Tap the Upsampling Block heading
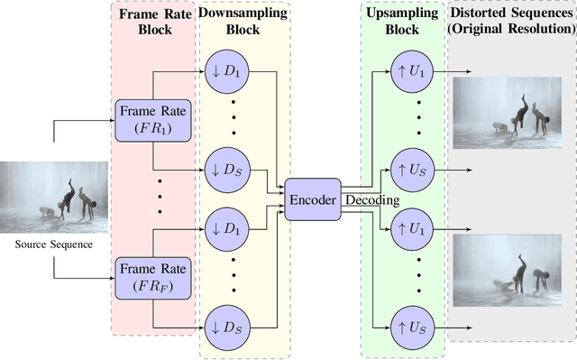click(402, 23)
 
